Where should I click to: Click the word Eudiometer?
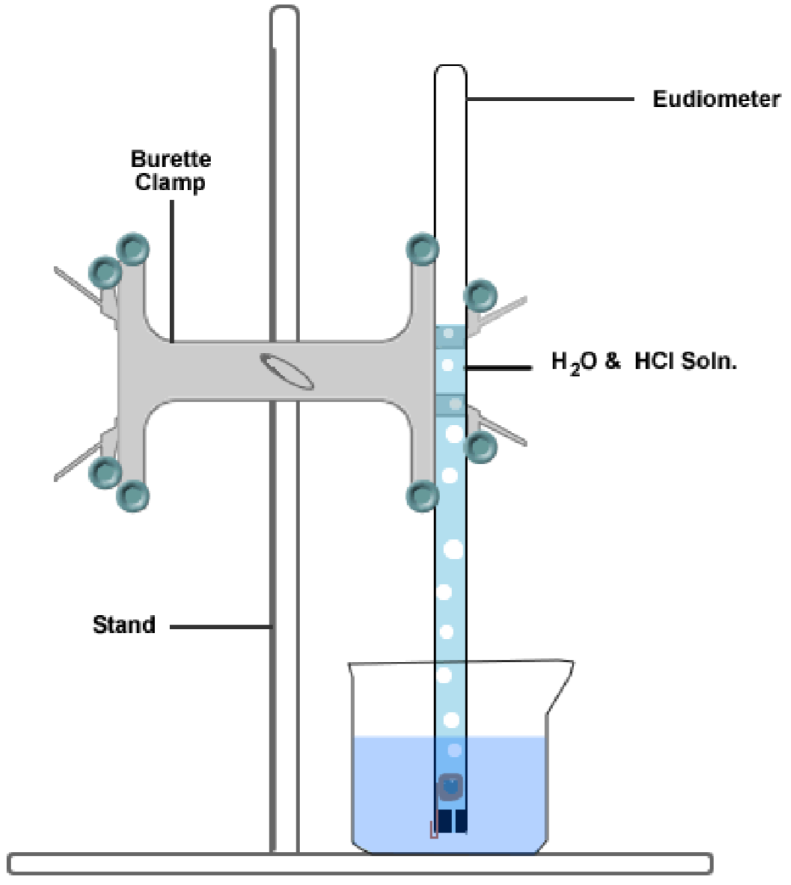pos(716,99)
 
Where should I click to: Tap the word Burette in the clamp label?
pos(171,159)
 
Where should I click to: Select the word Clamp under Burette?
pos(171,182)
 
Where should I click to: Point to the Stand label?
pos(123,624)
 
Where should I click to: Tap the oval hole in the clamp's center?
pos(287,370)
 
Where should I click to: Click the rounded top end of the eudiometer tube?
pos(451,73)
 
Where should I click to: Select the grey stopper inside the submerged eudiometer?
pos(451,787)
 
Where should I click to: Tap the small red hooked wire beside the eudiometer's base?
pos(432,829)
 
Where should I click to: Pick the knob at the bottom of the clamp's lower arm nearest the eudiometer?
pos(421,494)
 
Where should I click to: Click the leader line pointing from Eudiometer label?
pos(550,99)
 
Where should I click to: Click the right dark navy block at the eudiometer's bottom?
pos(460,821)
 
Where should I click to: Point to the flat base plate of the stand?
pos(359,863)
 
